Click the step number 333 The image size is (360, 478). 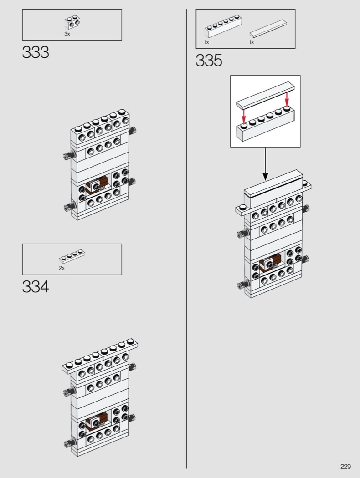click(36, 52)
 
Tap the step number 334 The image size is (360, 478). click(36, 287)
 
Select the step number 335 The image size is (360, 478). click(209, 61)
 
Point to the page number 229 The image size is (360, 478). click(346, 467)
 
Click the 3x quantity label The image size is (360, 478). click(67, 34)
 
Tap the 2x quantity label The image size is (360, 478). click(62, 268)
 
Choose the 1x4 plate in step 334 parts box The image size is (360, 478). click(72, 256)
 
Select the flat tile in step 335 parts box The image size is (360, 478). click(268, 29)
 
